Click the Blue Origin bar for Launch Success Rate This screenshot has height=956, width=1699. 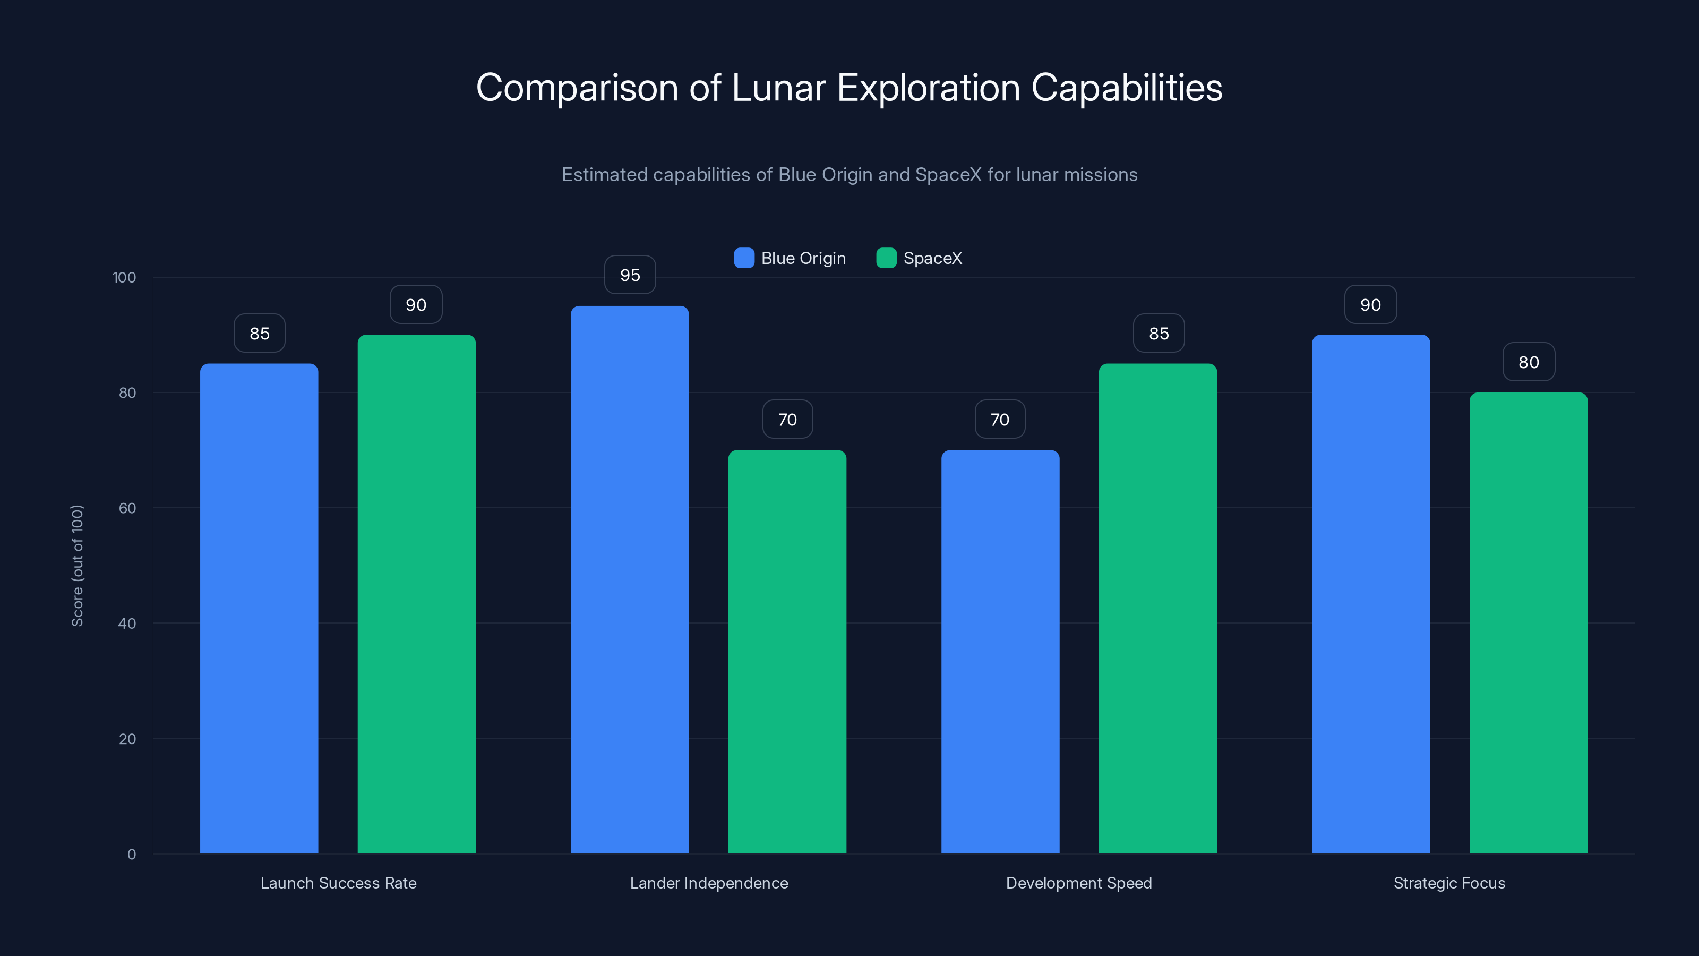click(259, 608)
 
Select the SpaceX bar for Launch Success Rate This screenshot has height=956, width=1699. click(416, 594)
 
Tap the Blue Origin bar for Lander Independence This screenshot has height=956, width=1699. click(629, 579)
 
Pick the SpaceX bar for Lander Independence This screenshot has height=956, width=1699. click(787, 651)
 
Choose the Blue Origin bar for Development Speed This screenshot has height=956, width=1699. click(1000, 651)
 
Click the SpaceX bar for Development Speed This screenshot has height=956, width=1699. click(1157, 608)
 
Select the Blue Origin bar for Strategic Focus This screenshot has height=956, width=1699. click(1370, 594)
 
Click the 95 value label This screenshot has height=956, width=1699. click(630, 275)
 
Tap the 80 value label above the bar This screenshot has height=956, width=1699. click(1528, 362)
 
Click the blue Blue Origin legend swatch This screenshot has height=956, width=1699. click(744, 258)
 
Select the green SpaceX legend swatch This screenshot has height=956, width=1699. click(886, 258)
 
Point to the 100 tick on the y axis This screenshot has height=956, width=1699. click(124, 277)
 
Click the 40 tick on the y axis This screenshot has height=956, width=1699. click(127, 624)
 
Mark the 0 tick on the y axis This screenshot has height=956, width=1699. click(131, 855)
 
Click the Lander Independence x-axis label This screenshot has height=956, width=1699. click(708, 883)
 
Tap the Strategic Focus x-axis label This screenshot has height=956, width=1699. click(1449, 883)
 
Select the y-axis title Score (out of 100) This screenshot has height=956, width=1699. click(77, 566)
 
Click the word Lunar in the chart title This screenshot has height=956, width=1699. click(778, 88)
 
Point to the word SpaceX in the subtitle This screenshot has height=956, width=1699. click(948, 175)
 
